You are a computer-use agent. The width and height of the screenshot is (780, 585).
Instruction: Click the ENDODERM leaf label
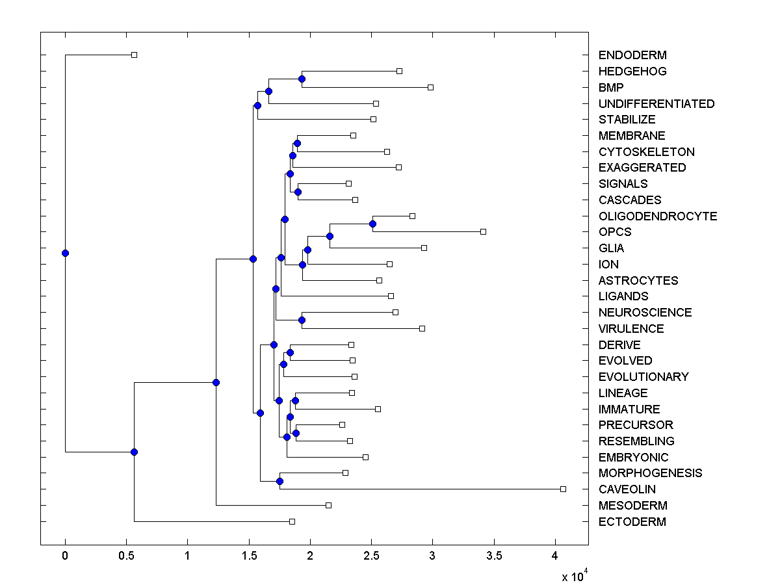(x=623, y=55)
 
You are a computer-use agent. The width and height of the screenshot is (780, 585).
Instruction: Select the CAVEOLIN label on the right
(x=627, y=489)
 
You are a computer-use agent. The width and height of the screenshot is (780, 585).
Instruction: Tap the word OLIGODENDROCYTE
(x=657, y=216)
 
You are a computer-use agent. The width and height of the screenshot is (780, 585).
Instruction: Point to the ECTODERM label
(x=632, y=522)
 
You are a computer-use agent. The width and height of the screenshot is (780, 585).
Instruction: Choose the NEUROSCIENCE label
(x=645, y=313)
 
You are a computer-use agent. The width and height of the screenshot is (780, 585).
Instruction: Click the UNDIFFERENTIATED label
(x=656, y=104)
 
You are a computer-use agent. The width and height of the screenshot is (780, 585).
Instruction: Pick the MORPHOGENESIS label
(x=650, y=473)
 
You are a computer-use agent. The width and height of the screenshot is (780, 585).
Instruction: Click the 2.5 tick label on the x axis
(x=371, y=556)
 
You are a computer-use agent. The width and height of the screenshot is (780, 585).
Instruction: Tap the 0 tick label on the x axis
(x=65, y=556)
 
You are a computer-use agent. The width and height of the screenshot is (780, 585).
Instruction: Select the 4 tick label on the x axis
(x=555, y=556)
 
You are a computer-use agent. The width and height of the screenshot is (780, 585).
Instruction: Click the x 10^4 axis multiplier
(x=575, y=575)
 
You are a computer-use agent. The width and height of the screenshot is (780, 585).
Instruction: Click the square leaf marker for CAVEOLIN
(x=563, y=489)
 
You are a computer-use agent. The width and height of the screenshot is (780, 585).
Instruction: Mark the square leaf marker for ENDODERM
(x=134, y=55)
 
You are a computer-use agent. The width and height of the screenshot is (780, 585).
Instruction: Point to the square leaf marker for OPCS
(x=483, y=231)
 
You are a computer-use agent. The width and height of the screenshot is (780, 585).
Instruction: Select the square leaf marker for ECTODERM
(x=292, y=521)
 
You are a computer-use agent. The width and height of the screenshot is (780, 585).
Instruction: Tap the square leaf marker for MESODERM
(x=328, y=505)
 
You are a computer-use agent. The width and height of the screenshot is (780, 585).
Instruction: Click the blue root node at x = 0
(x=65, y=253)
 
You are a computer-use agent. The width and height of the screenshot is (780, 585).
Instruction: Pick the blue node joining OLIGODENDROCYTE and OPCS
(x=372, y=224)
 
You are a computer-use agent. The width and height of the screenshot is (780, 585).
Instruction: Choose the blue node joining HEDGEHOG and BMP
(x=302, y=79)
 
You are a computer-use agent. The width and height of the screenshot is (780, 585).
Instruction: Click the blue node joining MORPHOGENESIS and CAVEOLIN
(x=279, y=481)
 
